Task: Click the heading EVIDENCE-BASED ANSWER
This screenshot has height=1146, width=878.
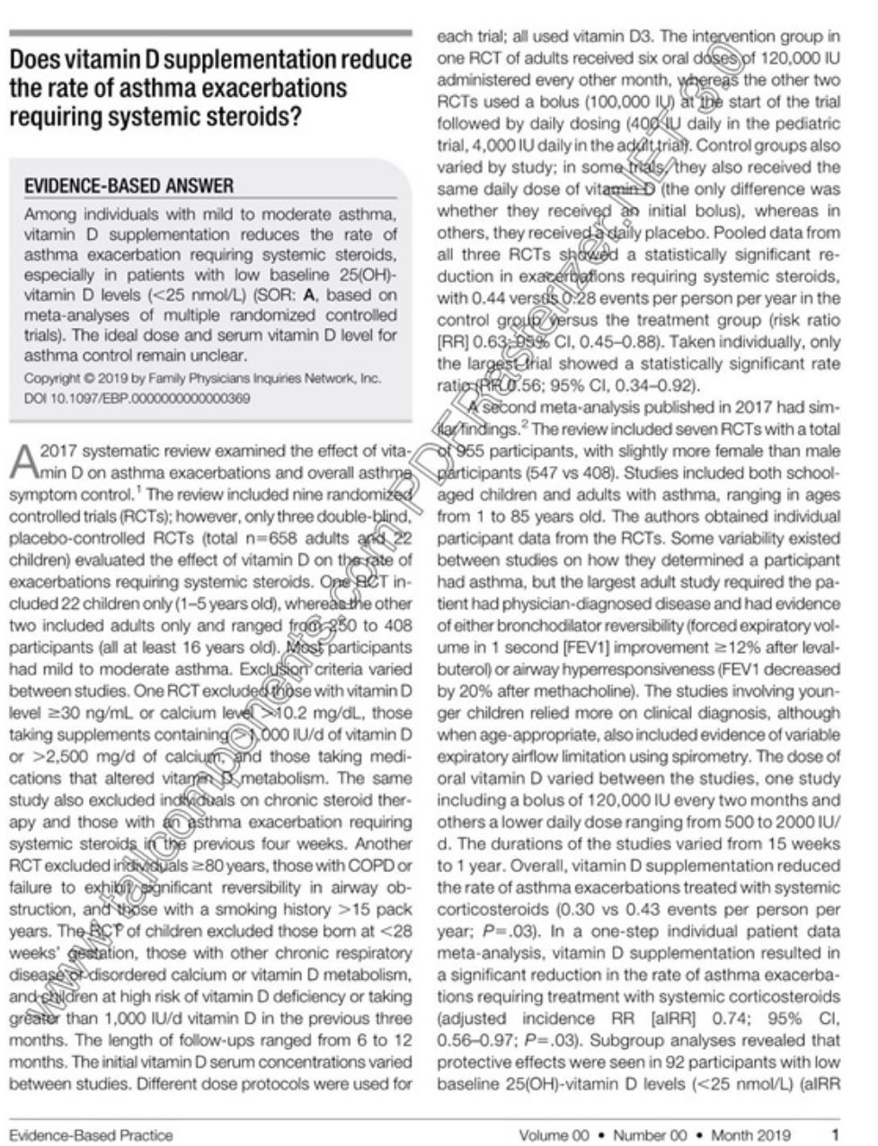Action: [129, 186]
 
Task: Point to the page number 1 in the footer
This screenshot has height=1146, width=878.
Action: [835, 1134]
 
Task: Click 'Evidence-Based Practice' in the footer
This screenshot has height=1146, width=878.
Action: [91, 1134]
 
